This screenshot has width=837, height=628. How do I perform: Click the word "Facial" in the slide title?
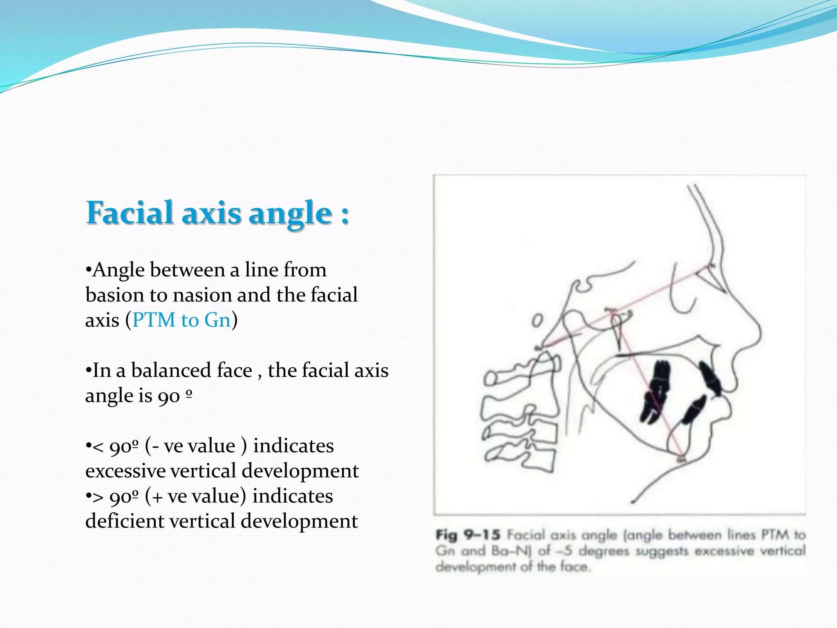tap(130, 213)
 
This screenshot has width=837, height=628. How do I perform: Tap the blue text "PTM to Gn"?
tap(181, 320)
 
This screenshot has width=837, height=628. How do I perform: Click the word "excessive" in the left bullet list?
tap(124, 471)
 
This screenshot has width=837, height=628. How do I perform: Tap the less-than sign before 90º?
tap(98, 446)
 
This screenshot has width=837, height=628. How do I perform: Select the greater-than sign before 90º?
tap(98, 497)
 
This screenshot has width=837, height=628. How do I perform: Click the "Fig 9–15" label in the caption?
tap(468, 535)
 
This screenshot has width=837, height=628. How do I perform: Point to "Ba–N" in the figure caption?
tap(510, 551)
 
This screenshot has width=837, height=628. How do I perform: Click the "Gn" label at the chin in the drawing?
tap(680, 460)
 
